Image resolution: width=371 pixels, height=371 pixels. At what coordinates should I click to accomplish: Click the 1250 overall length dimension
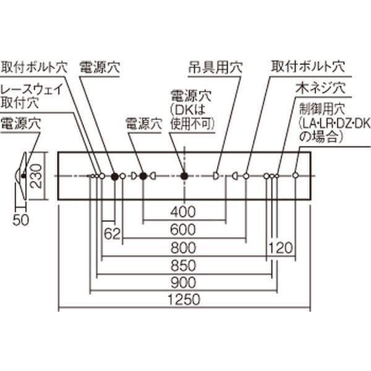184,299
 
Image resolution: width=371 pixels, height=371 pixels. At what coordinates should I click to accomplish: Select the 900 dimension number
184,283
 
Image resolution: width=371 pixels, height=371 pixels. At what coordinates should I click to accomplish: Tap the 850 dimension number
184,265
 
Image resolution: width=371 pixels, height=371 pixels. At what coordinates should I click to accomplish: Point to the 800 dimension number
184,248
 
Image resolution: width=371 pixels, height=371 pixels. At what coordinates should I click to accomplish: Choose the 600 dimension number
183,229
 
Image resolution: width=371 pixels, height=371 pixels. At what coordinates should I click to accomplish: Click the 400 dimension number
183,211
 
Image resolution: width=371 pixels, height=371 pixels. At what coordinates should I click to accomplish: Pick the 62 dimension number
112,234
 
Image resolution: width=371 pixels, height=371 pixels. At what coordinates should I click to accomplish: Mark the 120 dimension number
281,248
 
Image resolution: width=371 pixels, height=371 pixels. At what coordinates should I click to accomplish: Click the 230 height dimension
36,176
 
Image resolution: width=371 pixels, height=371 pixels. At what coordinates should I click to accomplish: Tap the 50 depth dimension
20,220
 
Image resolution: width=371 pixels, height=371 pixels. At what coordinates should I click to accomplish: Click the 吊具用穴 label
215,67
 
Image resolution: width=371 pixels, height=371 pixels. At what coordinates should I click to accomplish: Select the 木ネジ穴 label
320,88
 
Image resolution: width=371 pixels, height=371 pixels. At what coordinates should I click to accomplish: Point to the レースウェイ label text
32,89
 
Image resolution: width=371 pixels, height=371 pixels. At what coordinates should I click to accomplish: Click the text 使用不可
192,124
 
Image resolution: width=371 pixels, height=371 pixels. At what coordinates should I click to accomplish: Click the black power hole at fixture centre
184,176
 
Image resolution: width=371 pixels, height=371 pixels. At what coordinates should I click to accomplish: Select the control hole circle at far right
296,176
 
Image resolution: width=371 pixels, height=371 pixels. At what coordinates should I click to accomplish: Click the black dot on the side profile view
23,176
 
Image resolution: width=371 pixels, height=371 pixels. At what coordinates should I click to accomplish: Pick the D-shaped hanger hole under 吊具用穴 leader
216,176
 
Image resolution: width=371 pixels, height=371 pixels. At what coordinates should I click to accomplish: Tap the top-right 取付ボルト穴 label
308,67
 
